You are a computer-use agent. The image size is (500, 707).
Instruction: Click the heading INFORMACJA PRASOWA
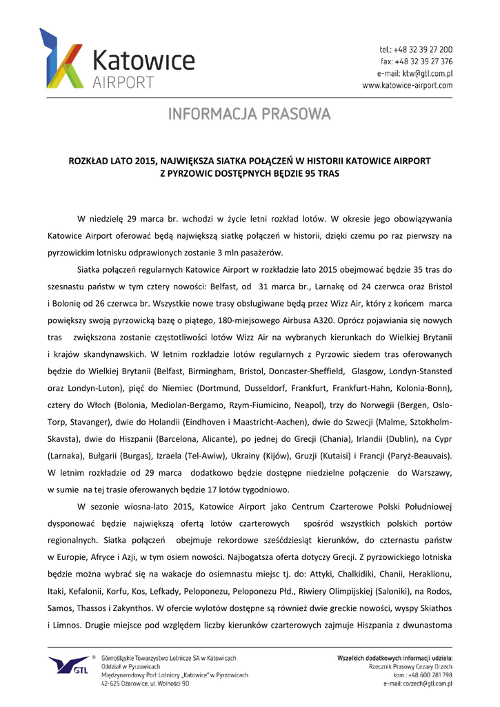pos(250,113)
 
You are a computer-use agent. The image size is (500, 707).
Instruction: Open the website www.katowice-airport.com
pos(408,86)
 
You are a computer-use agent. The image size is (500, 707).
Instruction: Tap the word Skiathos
pos(432,608)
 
